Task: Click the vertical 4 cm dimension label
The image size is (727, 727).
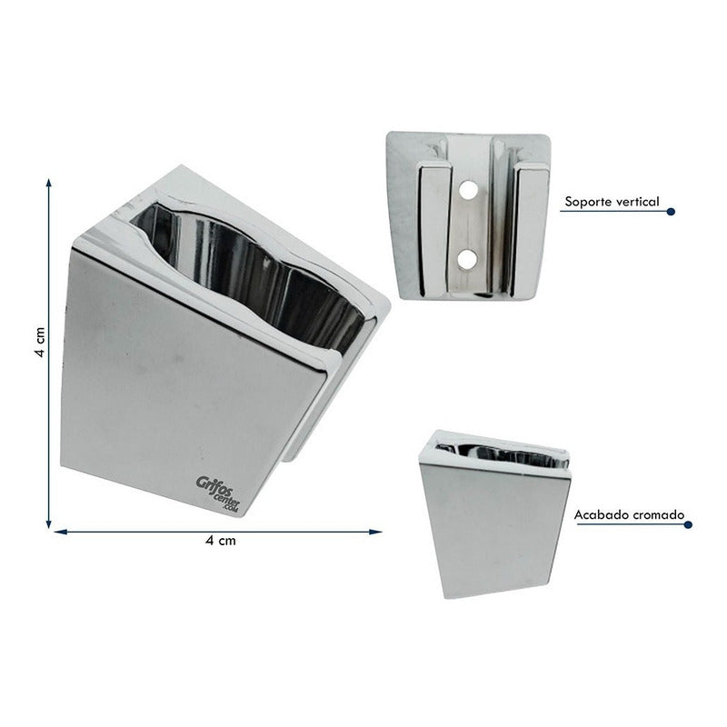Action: point(41,343)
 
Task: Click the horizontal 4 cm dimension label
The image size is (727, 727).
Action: point(221,541)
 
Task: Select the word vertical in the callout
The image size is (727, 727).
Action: point(636,202)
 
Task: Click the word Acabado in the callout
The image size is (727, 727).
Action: point(598,515)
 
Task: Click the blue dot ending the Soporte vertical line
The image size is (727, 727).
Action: point(671,212)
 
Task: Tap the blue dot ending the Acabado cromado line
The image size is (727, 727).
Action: point(688,525)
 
